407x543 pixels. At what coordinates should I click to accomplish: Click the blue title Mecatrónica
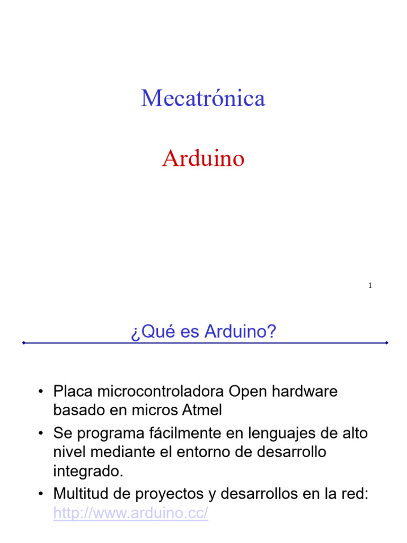pos(203,99)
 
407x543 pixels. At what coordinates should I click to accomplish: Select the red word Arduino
pos(203,159)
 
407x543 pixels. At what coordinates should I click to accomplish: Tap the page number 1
pos(370,286)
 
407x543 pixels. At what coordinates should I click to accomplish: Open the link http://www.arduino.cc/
pos(131,513)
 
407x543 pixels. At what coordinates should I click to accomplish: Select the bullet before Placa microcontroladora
pos(40,392)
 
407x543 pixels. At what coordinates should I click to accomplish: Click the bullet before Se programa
pos(40,434)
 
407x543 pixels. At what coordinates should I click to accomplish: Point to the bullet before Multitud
pos(40,494)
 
